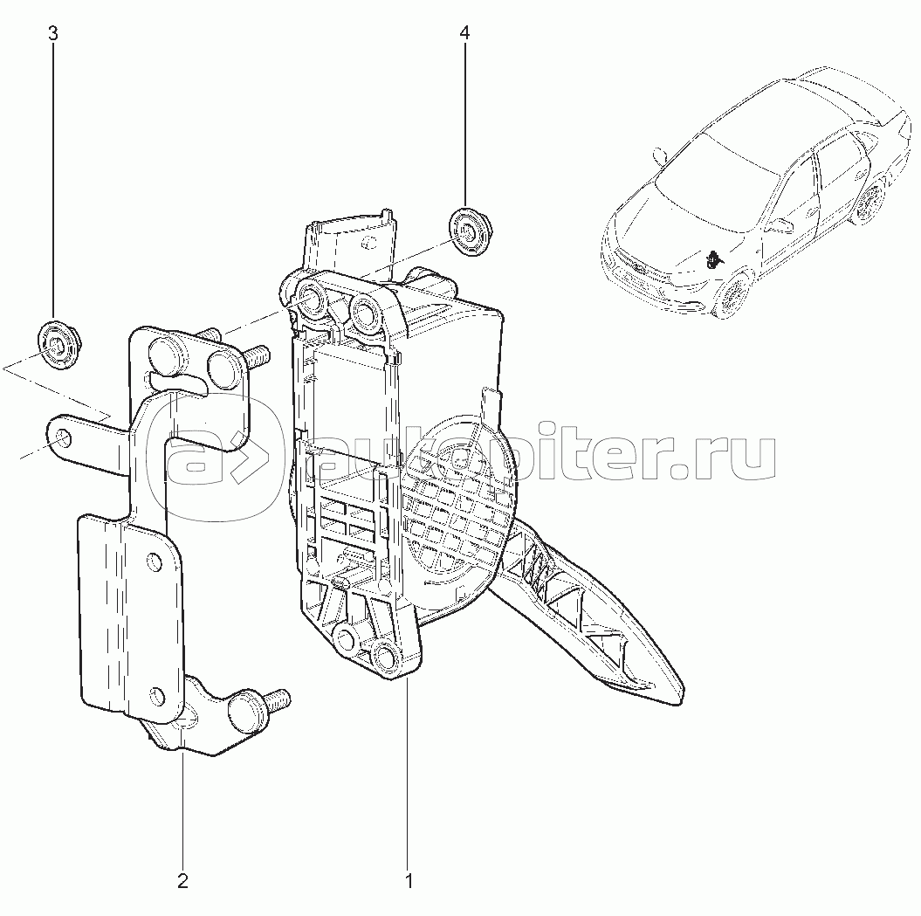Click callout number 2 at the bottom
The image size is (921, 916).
click(182, 881)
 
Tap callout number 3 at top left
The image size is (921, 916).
click(53, 33)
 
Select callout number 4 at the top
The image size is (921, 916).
click(464, 33)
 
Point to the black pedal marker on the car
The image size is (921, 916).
click(712, 258)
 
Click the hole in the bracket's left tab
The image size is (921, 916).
click(61, 437)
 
